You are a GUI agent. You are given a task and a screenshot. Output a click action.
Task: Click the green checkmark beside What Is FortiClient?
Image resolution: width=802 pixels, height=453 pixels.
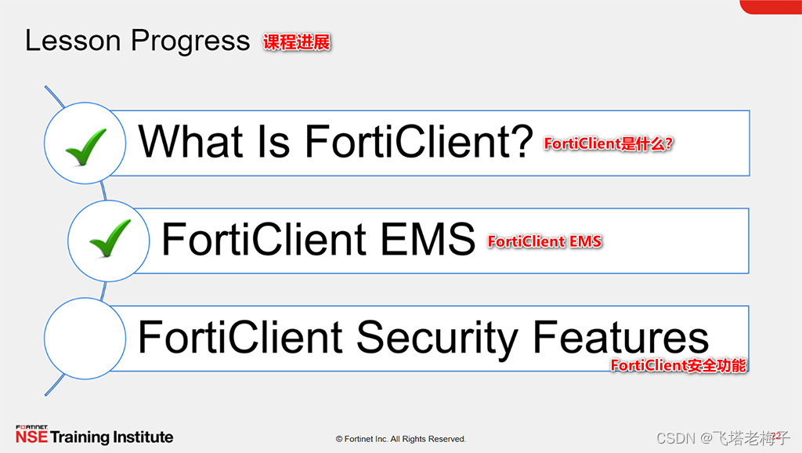(85, 146)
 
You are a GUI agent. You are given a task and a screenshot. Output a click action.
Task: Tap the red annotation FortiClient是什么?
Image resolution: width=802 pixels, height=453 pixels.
(609, 144)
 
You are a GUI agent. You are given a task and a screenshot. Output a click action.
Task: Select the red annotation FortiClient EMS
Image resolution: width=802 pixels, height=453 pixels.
(544, 241)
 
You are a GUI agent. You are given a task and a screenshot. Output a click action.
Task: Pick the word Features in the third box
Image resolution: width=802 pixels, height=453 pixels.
(620, 338)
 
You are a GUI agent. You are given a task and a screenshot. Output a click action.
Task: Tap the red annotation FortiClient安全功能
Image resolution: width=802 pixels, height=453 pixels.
(678, 365)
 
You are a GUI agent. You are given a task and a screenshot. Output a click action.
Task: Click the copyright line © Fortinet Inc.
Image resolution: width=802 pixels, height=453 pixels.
(400, 439)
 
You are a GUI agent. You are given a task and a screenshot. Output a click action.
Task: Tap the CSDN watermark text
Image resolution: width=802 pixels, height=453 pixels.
(676, 437)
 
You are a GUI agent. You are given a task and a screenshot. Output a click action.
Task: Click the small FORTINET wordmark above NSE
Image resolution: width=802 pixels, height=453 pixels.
(31, 427)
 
